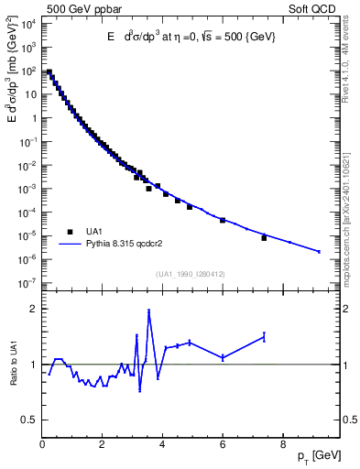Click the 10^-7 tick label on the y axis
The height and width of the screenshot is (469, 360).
[x=27, y=283]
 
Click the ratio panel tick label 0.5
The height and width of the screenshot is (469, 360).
[x=27, y=420]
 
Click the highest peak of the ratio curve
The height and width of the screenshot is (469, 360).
[x=148, y=311]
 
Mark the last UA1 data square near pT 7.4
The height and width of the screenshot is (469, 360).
[x=264, y=238]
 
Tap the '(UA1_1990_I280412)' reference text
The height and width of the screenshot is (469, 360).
[x=191, y=274]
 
